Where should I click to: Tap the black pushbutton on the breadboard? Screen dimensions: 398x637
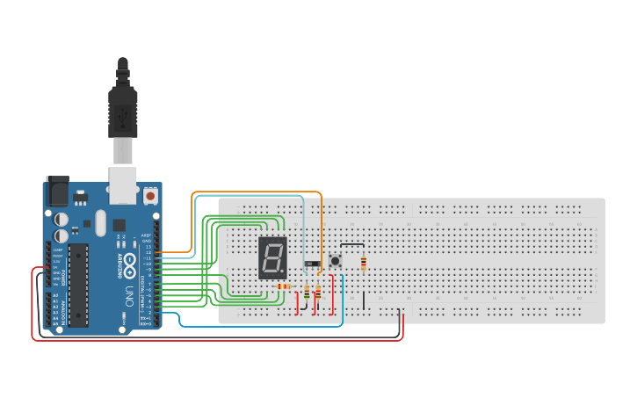pyautogui.click(x=336, y=260)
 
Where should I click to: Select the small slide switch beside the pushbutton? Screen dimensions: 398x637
pyautogui.click(x=312, y=264)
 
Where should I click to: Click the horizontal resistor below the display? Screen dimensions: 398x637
pyautogui.click(x=283, y=286)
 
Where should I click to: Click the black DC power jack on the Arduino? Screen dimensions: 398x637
pyautogui.click(x=57, y=189)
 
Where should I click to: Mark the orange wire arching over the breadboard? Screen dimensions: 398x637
pyautogui.click(x=255, y=192)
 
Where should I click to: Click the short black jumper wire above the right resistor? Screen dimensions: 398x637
pyautogui.click(x=351, y=244)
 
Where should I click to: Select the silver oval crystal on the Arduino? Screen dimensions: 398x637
pyautogui.click(x=100, y=221)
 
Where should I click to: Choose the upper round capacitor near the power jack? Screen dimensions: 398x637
pyautogui.click(x=62, y=219)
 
